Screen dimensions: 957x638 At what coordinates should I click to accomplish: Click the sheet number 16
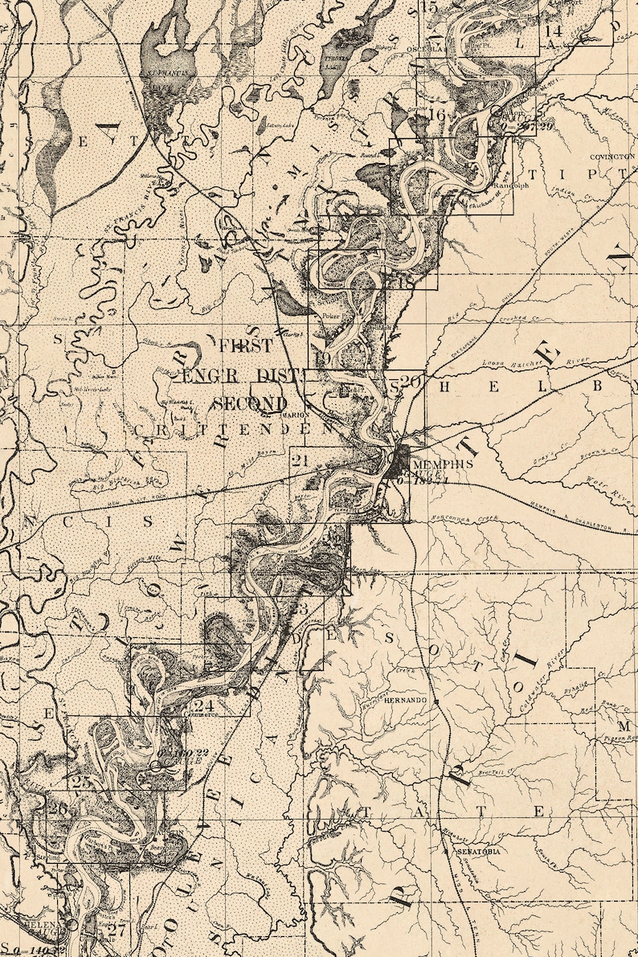coord(437,115)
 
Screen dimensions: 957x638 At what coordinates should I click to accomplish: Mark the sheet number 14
coord(553,31)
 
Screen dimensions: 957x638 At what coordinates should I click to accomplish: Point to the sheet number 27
coord(117,932)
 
